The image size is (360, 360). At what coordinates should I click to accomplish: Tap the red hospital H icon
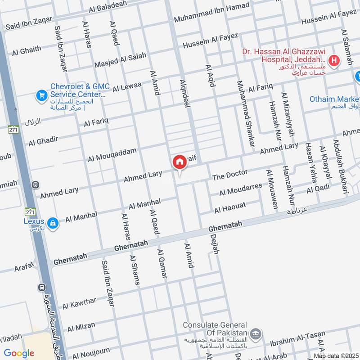[334, 60]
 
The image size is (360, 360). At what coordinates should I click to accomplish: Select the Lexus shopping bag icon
[53, 223]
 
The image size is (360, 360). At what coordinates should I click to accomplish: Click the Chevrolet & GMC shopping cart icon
[42, 95]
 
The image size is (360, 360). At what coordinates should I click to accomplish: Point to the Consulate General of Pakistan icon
[256, 333]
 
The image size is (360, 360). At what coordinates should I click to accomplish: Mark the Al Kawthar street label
[79, 303]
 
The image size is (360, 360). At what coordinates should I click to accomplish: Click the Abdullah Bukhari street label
[341, 166]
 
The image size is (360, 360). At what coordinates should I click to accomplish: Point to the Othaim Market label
[334, 99]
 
